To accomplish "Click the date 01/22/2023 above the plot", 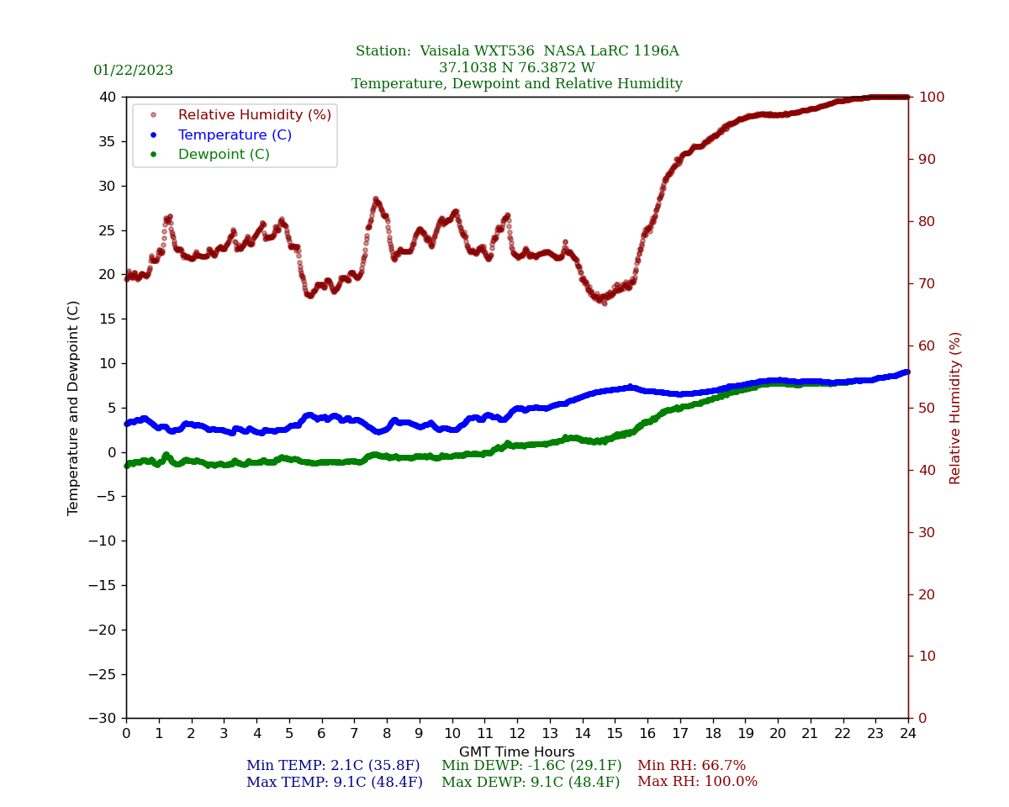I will pyautogui.click(x=133, y=71).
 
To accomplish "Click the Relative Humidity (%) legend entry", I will pyautogui.click(x=254, y=115).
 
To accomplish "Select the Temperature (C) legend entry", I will pyautogui.click(x=235, y=135).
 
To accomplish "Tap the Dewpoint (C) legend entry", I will pyautogui.click(x=224, y=155).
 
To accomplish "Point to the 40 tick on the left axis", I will pyautogui.click(x=108, y=97).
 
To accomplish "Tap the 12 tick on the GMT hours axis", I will pyautogui.click(x=517, y=734).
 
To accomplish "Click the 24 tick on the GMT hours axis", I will pyautogui.click(x=908, y=734).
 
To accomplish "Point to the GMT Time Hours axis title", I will pyautogui.click(x=517, y=752).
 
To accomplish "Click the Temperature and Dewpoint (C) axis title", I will pyautogui.click(x=74, y=408).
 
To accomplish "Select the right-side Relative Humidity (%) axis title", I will pyautogui.click(x=956, y=408).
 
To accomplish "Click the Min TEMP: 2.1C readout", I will pyautogui.click(x=333, y=766).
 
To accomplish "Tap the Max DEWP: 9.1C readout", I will pyautogui.click(x=531, y=782).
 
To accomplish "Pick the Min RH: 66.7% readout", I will pyautogui.click(x=691, y=766).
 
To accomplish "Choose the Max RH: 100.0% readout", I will pyautogui.click(x=697, y=782).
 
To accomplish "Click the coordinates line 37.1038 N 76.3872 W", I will pyautogui.click(x=517, y=68).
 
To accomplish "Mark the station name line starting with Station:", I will pyautogui.click(x=517, y=51).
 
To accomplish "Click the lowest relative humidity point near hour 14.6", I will pyautogui.click(x=604, y=303).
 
